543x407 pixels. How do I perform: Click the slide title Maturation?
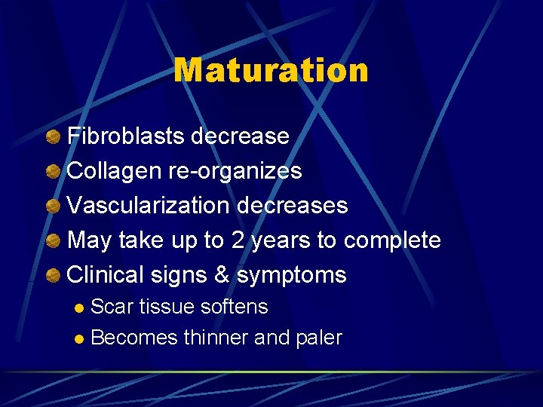click(271, 71)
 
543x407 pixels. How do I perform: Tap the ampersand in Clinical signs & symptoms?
click(222, 275)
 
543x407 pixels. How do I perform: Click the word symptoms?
click(291, 276)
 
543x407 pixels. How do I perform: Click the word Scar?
click(109, 307)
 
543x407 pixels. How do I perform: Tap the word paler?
click(318, 338)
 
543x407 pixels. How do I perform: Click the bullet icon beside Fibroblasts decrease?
click(54, 137)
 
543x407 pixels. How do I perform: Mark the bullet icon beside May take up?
click(54, 241)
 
